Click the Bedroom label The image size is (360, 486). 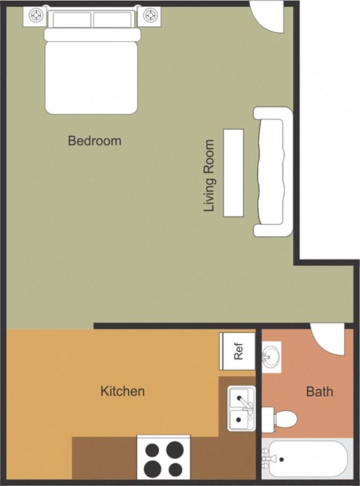pos(94,140)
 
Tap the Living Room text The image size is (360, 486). pos(210,175)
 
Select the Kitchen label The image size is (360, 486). pos(122,391)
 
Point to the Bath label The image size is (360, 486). pos(319,391)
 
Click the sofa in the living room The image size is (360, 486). pos(273,171)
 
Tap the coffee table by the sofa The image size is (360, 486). pos(233,173)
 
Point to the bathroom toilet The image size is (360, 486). pos(283,417)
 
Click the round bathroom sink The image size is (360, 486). pos(271,355)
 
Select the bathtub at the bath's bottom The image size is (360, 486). pos(307,460)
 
